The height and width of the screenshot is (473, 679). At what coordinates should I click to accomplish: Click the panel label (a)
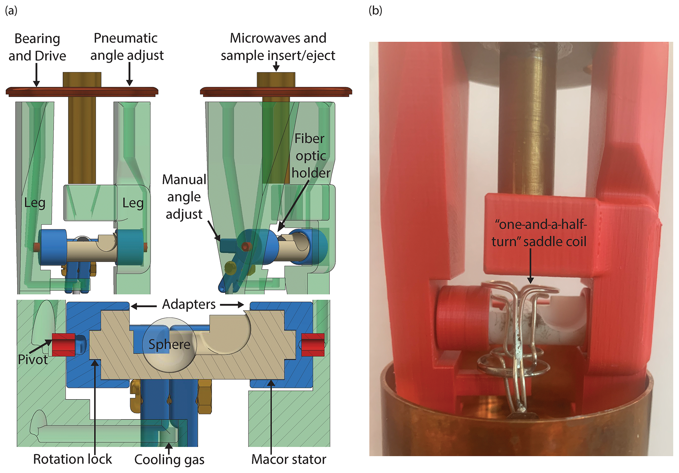click(11, 11)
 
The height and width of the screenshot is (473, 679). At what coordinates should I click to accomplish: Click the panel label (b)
click(375, 11)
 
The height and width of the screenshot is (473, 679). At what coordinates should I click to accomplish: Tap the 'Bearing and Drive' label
click(37, 47)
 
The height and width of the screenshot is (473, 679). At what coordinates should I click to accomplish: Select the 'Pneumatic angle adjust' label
click(126, 47)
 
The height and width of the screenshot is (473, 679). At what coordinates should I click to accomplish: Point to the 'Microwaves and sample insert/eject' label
click(278, 47)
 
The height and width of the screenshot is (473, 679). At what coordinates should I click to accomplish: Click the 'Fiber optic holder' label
click(310, 155)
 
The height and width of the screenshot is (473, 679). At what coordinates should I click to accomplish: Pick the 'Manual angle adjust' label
click(184, 197)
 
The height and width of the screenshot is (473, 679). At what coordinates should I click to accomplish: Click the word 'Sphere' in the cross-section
click(169, 344)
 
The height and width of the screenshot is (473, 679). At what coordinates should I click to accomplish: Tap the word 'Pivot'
click(33, 360)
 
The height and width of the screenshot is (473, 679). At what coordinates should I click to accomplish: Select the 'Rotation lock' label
click(72, 459)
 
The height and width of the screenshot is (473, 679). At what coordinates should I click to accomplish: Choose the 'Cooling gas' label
click(169, 460)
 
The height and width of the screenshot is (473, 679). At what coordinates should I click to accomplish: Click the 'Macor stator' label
click(288, 459)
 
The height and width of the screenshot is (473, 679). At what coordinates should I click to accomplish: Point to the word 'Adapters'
click(189, 304)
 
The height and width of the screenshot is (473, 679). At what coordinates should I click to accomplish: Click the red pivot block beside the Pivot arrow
click(63, 344)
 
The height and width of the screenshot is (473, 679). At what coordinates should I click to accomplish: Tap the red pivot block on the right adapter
click(313, 344)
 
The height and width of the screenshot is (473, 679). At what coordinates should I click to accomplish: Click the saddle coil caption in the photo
click(539, 233)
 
